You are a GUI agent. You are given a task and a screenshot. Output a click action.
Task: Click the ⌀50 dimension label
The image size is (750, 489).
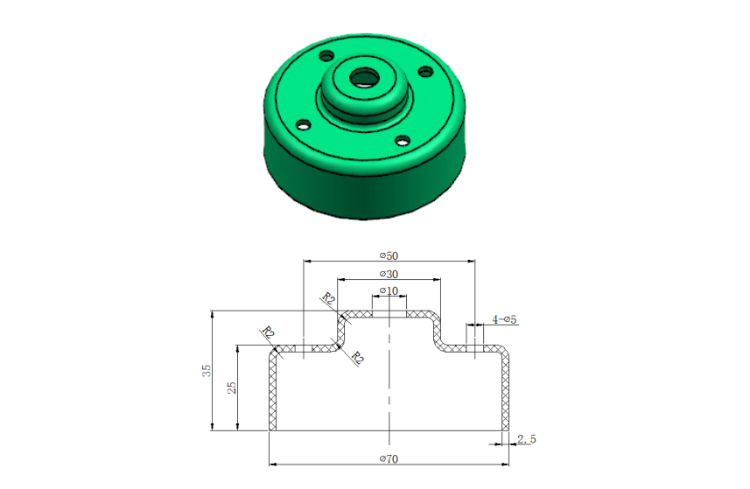[x=389, y=255]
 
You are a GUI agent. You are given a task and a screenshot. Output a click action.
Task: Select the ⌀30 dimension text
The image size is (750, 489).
[x=389, y=275]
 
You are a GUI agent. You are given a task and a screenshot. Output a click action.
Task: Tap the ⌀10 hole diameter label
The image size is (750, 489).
[x=389, y=290]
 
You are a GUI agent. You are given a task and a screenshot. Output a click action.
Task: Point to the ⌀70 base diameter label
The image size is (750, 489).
[x=389, y=459]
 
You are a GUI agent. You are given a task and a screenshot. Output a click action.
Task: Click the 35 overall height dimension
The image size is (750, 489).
[x=207, y=370]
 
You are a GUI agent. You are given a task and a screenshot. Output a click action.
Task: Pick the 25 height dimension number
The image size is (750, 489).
[x=232, y=388]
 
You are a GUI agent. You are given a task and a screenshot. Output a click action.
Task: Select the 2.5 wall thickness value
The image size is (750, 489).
[x=527, y=439]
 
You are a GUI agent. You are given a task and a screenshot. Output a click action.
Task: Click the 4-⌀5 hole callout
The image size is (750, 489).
[x=505, y=319]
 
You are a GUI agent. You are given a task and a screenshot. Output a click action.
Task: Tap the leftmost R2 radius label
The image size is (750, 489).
[x=268, y=332]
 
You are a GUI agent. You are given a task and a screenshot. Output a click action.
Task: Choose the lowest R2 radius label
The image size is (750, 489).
[x=357, y=357]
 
